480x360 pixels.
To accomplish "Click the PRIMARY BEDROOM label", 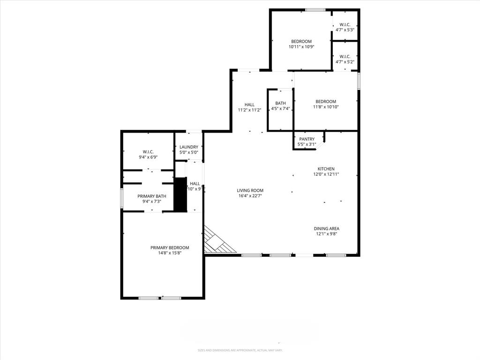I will pos(170,247).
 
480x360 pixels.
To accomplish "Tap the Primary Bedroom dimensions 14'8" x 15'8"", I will pos(170,253).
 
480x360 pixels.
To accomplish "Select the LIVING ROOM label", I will pos(250,190).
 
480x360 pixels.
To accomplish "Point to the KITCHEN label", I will pos(326,169).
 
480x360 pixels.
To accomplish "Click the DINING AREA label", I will pos(326,228).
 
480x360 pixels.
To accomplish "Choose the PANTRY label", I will pos(307,139).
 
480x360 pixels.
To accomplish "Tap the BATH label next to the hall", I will pos(280,103).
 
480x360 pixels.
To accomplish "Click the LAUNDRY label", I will pos(189,147).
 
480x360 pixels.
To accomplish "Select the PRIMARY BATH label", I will pos(152,196).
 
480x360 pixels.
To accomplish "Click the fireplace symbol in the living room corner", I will pos(217,241).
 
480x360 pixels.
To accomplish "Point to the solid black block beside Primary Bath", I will pos(180,194).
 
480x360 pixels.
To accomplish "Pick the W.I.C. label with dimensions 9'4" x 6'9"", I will pos(148,152).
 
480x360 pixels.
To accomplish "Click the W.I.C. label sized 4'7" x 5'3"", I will pos(345,24).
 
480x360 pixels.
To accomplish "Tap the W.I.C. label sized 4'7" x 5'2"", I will pos(345,56).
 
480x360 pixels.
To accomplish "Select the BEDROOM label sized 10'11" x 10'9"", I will pos(301,41).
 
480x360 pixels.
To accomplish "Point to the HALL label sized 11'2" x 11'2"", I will pos(249,105).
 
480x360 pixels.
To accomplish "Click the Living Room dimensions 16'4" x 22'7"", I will pos(250,196).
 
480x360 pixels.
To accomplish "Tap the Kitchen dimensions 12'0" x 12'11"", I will pos(326,174).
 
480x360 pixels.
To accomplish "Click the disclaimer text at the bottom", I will pos(240,350).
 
